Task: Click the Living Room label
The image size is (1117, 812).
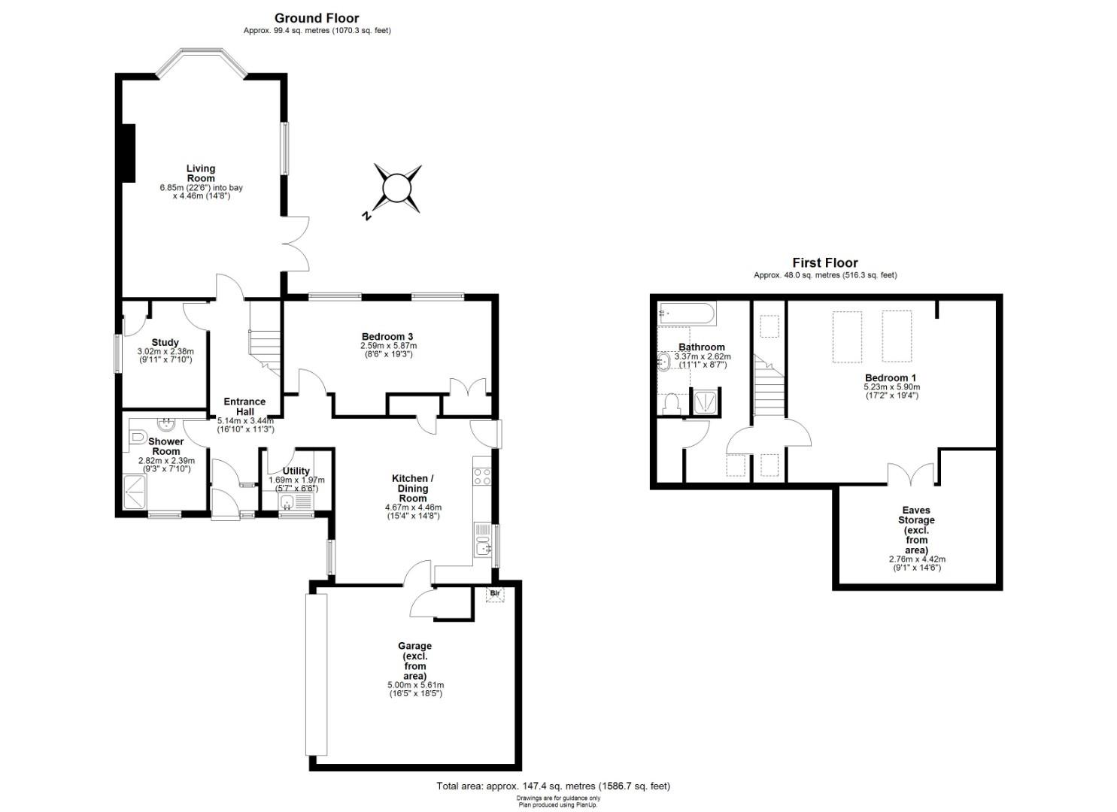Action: pyautogui.click(x=201, y=173)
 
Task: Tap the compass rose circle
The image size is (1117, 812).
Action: pyautogui.click(x=397, y=189)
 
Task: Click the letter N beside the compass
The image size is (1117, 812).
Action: pyautogui.click(x=366, y=215)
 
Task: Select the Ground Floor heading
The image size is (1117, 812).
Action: pyautogui.click(x=317, y=19)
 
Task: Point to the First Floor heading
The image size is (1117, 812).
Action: pyautogui.click(x=825, y=262)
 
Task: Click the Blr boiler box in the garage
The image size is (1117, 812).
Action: pyautogui.click(x=495, y=594)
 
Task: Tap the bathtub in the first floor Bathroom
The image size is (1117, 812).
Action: pyautogui.click(x=687, y=313)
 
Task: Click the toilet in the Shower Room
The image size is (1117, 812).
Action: pyautogui.click(x=138, y=437)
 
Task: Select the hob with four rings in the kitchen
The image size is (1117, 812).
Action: pyautogui.click(x=482, y=477)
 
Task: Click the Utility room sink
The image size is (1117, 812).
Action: pyautogui.click(x=287, y=501)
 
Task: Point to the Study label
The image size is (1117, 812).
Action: pyautogui.click(x=165, y=342)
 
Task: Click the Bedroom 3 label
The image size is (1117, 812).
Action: pyautogui.click(x=387, y=337)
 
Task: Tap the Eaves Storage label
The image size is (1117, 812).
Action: pyautogui.click(x=916, y=530)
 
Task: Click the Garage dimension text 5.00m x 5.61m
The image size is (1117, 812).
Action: pyautogui.click(x=415, y=685)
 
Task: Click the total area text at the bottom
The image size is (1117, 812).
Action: pyautogui.click(x=553, y=786)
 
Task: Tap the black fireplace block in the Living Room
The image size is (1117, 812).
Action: pyautogui.click(x=129, y=153)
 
